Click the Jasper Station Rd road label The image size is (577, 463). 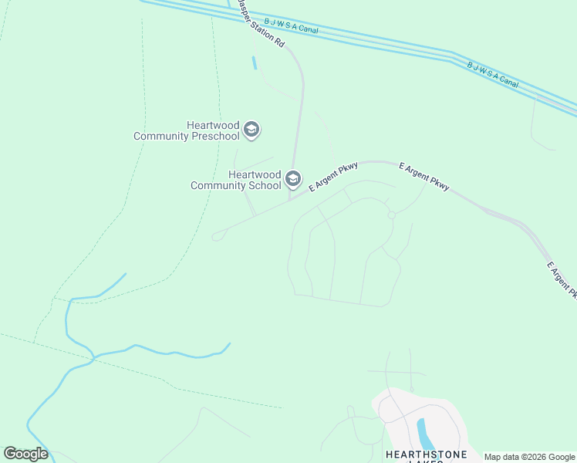261,25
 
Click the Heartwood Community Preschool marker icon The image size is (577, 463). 251,130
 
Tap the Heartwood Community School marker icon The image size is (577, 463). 292,180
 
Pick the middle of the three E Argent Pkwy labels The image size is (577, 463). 423,177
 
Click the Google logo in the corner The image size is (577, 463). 25,454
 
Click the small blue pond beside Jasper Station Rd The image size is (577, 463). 254,63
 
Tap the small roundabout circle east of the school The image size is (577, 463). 392,215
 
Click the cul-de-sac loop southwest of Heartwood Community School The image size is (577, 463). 217,236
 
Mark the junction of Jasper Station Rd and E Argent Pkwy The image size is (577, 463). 291,199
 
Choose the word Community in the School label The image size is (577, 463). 224,185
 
